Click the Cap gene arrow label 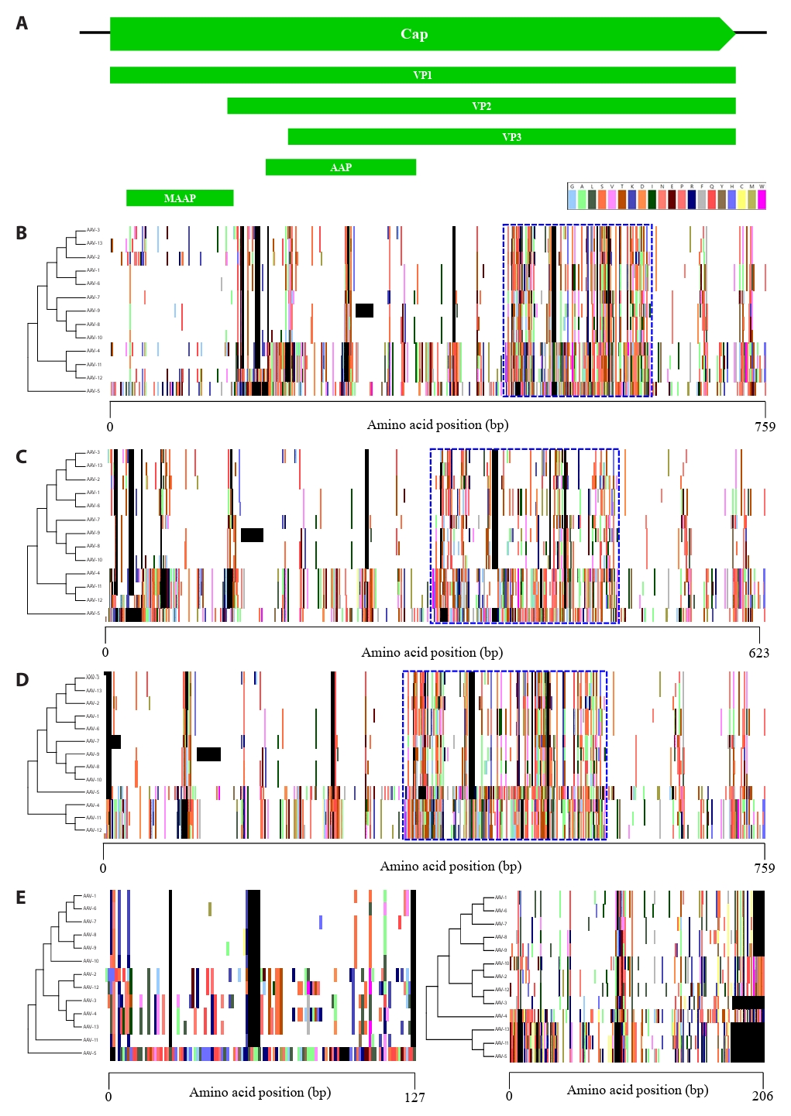pyautogui.click(x=414, y=34)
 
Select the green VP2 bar pyautogui.click(x=481, y=106)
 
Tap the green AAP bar pyautogui.click(x=341, y=167)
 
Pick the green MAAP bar pyautogui.click(x=180, y=198)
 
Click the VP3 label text pyautogui.click(x=511, y=137)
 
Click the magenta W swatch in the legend pyautogui.click(x=762, y=199)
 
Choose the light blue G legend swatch pyautogui.click(x=572, y=199)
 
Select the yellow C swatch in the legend pyautogui.click(x=741, y=199)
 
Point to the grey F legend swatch pyautogui.click(x=702, y=199)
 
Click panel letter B pyautogui.click(x=22, y=233)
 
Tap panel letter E pyautogui.click(x=21, y=898)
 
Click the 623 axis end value pyautogui.click(x=758, y=653)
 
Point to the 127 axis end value pyautogui.click(x=414, y=1097)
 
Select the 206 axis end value pyautogui.click(x=762, y=1096)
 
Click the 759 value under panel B pyautogui.click(x=765, y=426)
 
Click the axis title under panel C pyautogui.click(x=432, y=652)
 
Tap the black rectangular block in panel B pyautogui.click(x=364, y=311)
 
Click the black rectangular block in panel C pyautogui.click(x=252, y=535)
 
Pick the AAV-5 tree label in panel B pyautogui.click(x=93, y=391)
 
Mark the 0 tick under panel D pyautogui.click(x=103, y=868)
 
